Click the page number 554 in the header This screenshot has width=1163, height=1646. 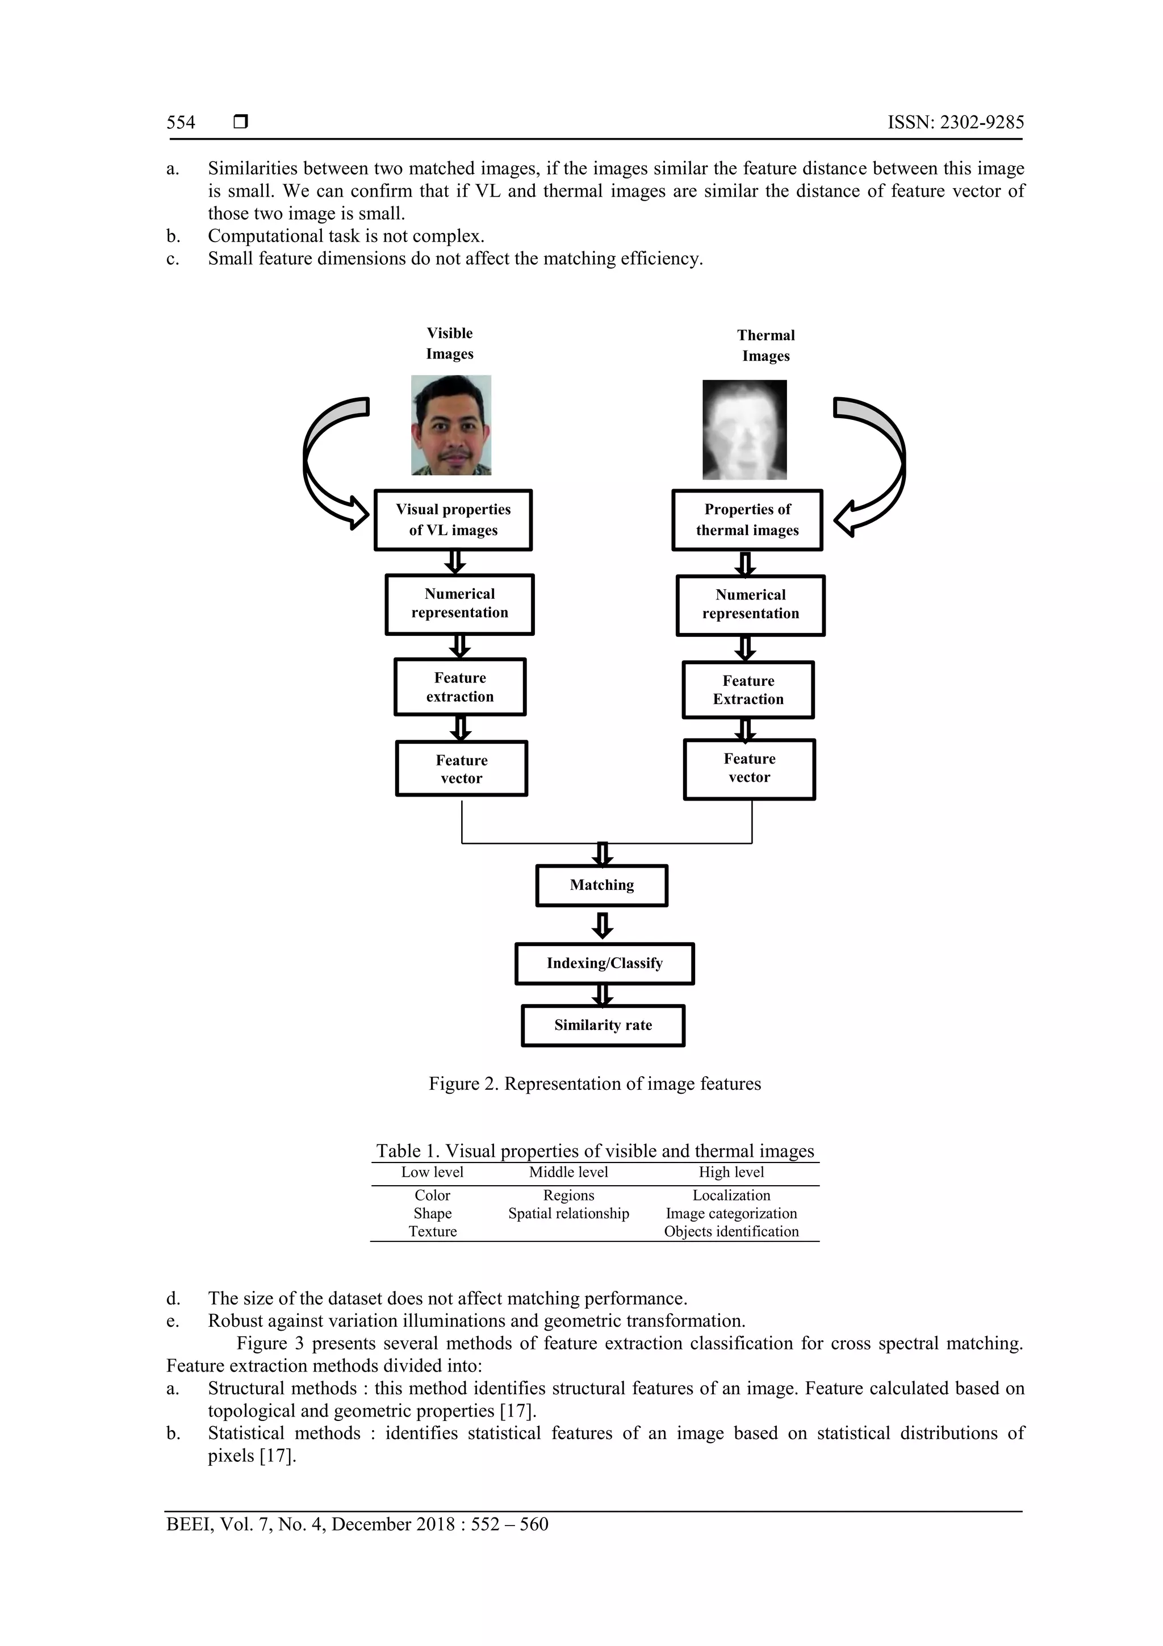tap(181, 123)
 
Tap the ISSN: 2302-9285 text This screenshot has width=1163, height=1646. tap(955, 123)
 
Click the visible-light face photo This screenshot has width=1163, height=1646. tap(451, 425)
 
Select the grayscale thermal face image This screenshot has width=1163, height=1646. tap(744, 430)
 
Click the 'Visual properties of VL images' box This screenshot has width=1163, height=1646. tap(453, 520)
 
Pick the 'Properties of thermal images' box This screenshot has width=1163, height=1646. tap(747, 520)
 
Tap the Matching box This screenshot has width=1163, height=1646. tap(601, 885)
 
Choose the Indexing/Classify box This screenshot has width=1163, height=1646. tap(604, 964)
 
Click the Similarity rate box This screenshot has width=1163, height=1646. tap(603, 1025)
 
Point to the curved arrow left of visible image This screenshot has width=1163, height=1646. tap(329, 466)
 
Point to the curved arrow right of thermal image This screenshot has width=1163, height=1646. tap(876, 466)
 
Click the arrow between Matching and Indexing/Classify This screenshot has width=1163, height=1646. tap(603, 925)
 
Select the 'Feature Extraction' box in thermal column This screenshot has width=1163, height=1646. tap(748, 690)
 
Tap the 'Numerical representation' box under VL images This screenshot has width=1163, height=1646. tap(459, 603)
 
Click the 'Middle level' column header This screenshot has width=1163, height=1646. tap(568, 1172)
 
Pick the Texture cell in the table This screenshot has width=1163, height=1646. tap(432, 1232)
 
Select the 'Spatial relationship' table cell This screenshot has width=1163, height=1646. tap(568, 1214)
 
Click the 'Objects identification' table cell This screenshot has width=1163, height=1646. tap(731, 1232)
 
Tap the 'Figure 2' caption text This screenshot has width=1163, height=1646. tap(595, 1084)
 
